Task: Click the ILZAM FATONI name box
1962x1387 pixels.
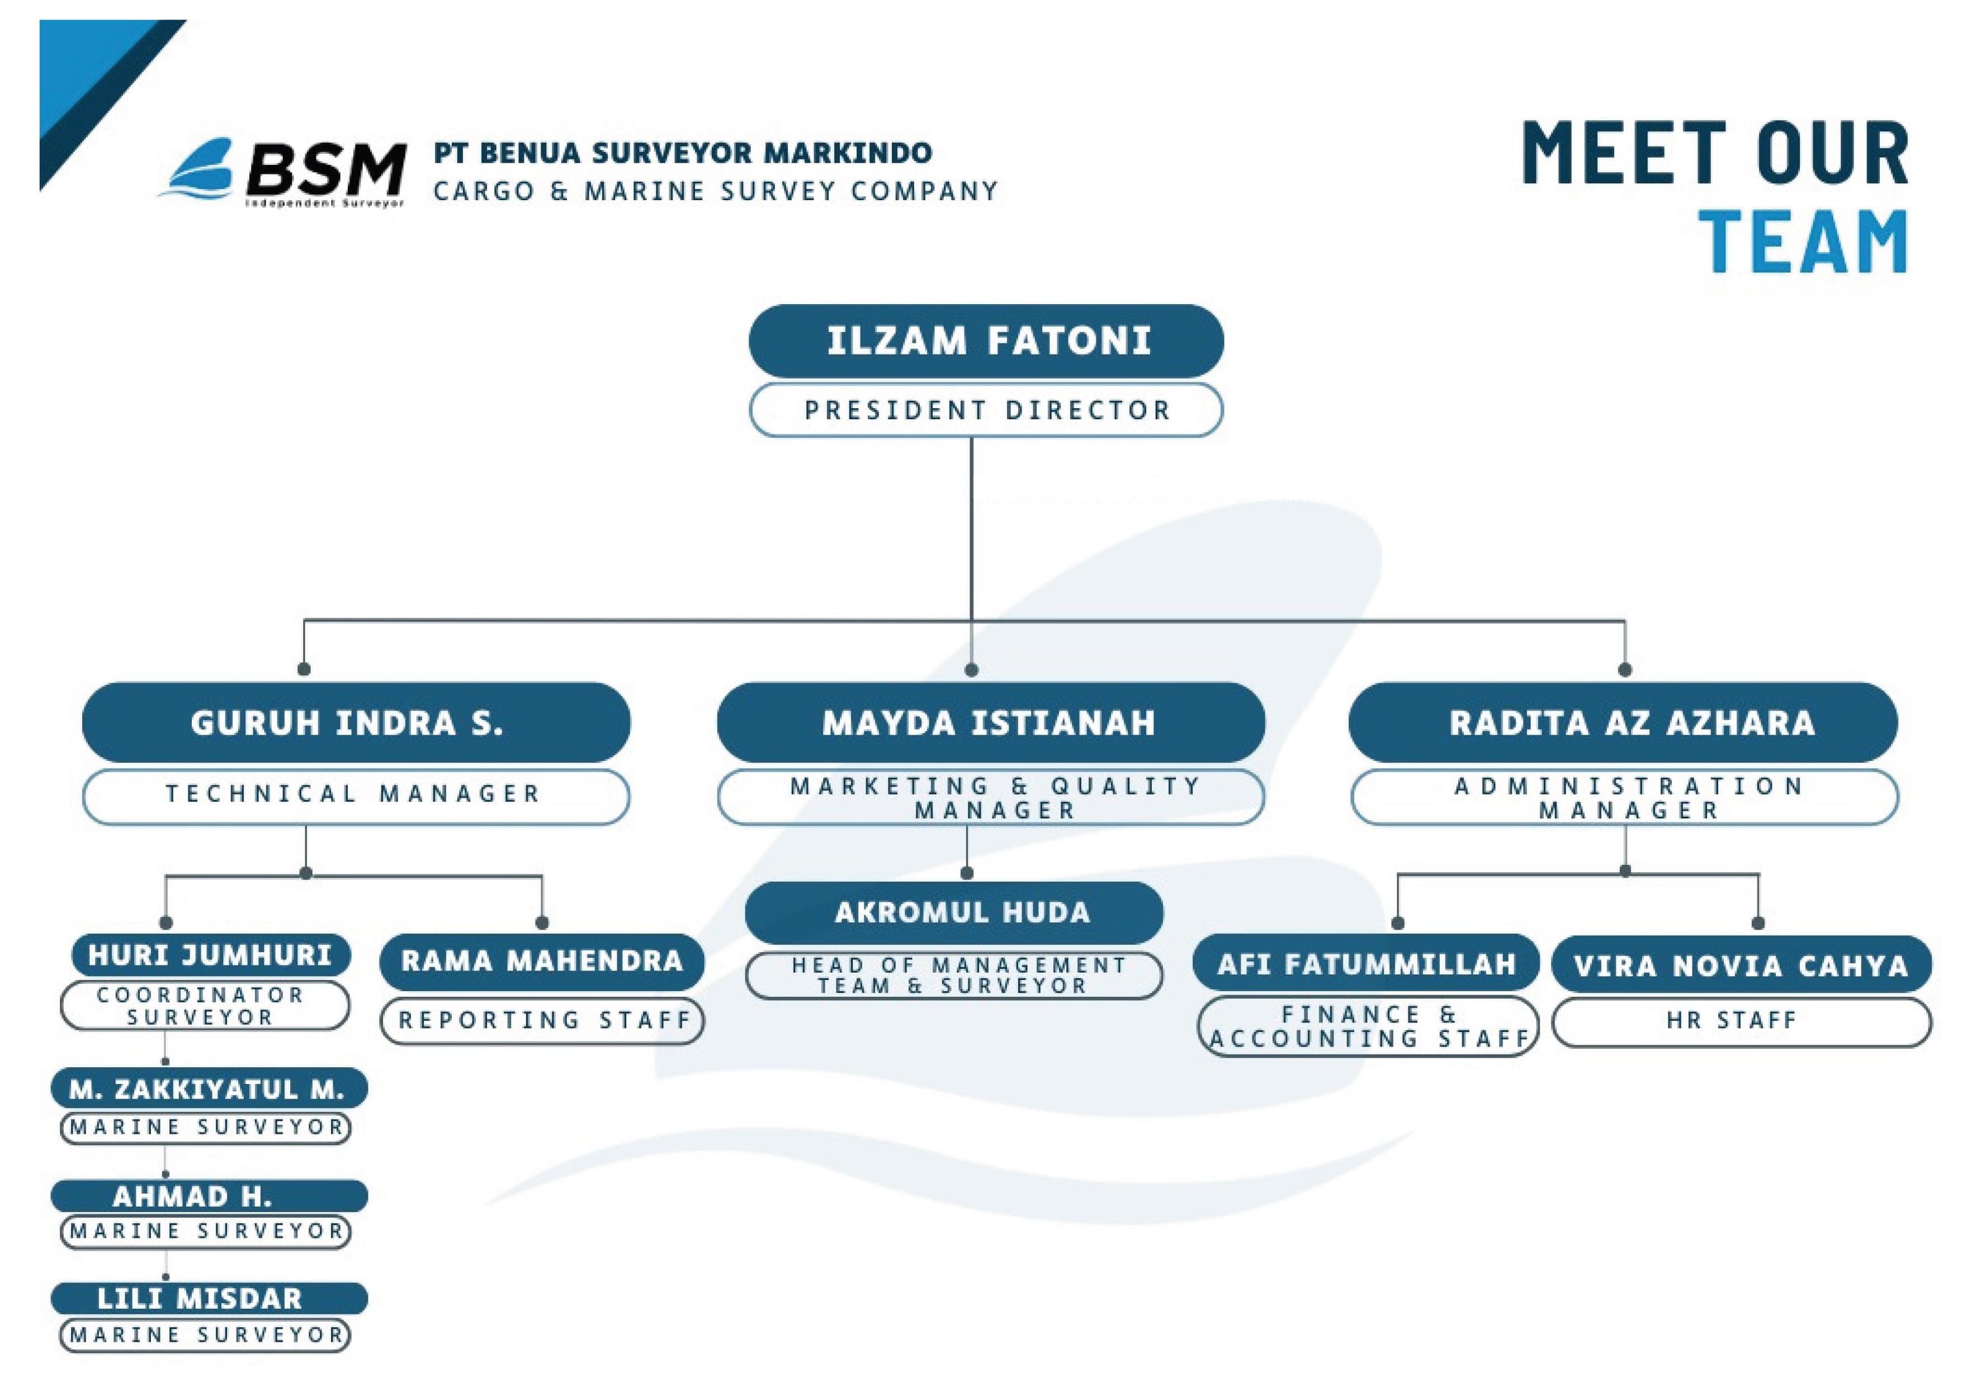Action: (x=986, y=341)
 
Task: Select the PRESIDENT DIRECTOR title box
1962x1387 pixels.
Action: (x=986, y=410)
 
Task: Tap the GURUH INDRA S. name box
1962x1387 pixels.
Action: (x=356, y=723)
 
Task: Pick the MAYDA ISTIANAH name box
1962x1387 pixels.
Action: (x=990, y=723)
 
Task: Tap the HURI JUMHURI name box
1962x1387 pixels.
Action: (x=210, y=955)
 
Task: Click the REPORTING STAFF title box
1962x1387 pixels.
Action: (x=542, y=1020)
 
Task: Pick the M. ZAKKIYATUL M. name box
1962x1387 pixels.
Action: (x=209, y=1089)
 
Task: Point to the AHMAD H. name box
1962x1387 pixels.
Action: (x=209, y=1196)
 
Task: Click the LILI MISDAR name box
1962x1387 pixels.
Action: (x=209, y=1298)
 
